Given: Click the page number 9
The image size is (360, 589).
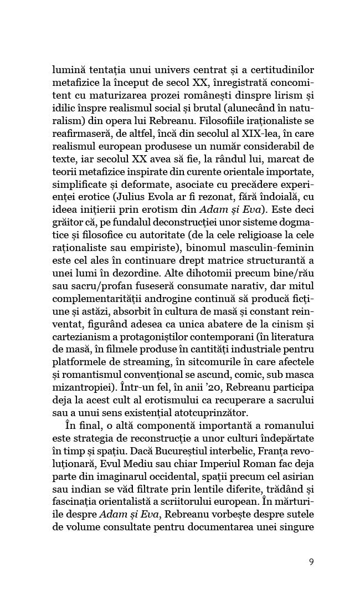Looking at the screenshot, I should coord(311,561).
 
